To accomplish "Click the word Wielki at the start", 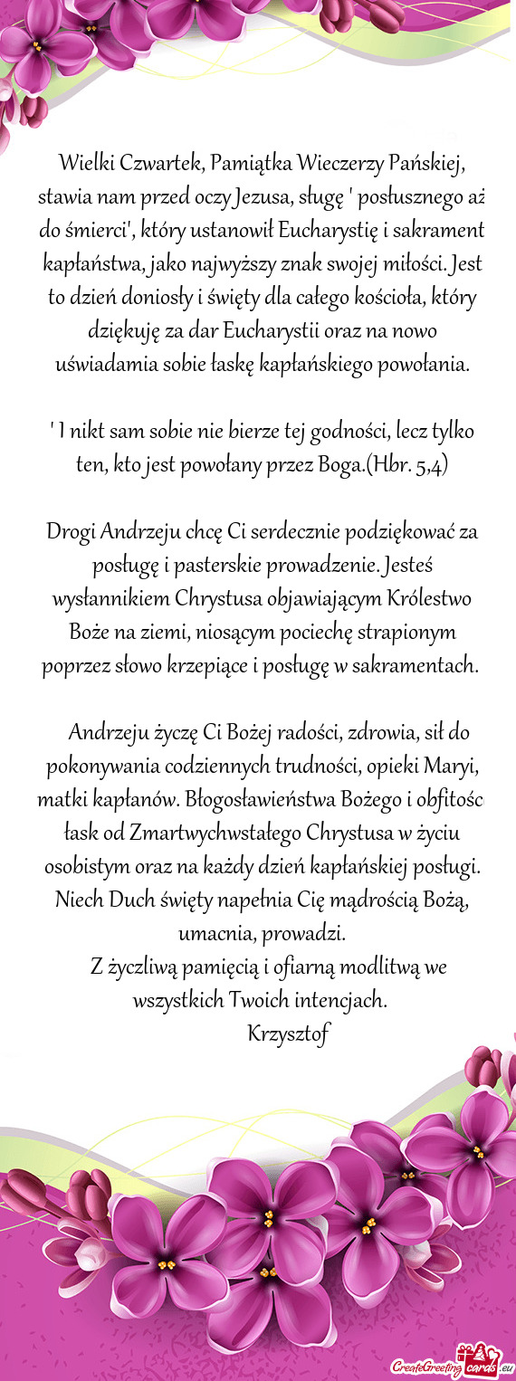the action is pyautogui.click(x=84, y=164).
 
